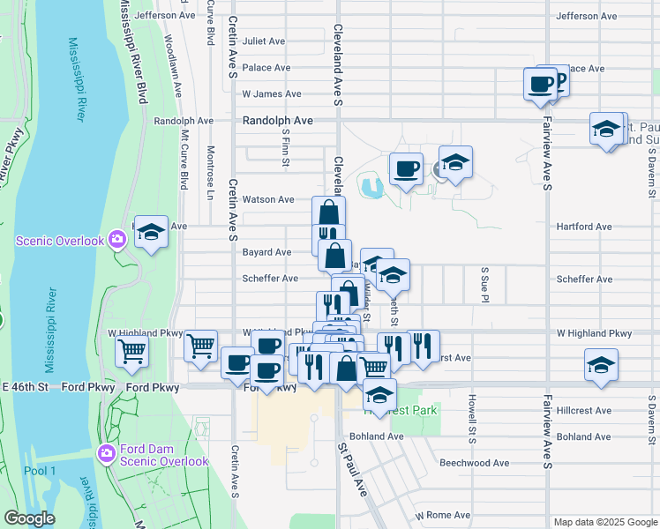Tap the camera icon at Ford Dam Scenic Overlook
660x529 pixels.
[107, 453]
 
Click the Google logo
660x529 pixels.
[29, 519]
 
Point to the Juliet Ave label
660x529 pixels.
[264, 41]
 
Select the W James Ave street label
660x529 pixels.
[272, 94]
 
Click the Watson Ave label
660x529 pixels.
[268, 200]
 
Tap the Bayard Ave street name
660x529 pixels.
[266, 252]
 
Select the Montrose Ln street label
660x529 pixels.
[211, 173]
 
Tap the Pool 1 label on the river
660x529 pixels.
[40, 471]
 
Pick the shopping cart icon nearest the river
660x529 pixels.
[131, 351]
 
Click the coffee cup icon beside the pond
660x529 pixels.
[406, 168]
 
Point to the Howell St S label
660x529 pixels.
[472, 420]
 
